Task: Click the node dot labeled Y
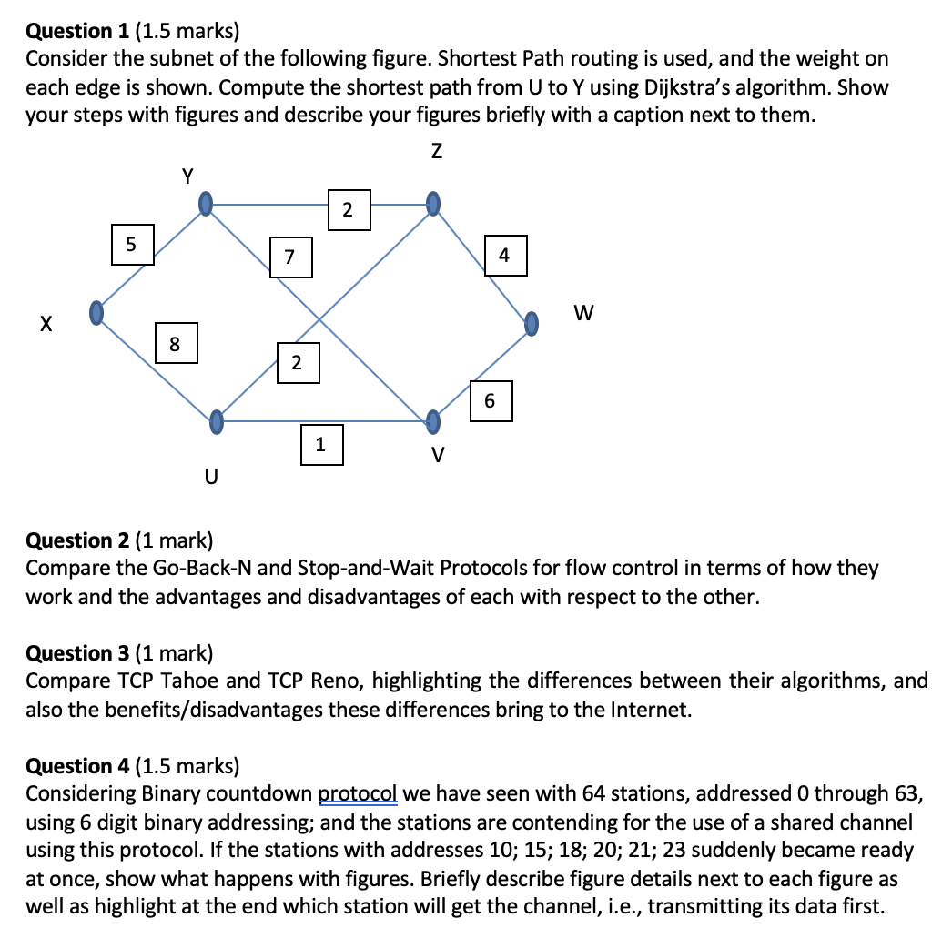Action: (x=208, y=201)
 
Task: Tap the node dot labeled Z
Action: (x=434, y=201)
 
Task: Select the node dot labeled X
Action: (x=95, y=313)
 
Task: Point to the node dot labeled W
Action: (x=532, y=322)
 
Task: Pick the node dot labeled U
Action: (x=216, y=421)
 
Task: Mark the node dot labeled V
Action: (x=434, y=420)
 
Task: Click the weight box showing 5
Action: (x=133, y=244)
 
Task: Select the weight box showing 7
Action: (x=290, y=256)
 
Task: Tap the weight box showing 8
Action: (x=177, y=343)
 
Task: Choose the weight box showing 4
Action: (x=504, y=256)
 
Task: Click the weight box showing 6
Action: (x=491, y=401)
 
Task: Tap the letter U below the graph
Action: (x=211, y=476)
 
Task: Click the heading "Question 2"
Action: (x=78, y=541)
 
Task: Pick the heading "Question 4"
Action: (x=78, y=766)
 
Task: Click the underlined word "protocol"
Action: (x=358, y=793)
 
